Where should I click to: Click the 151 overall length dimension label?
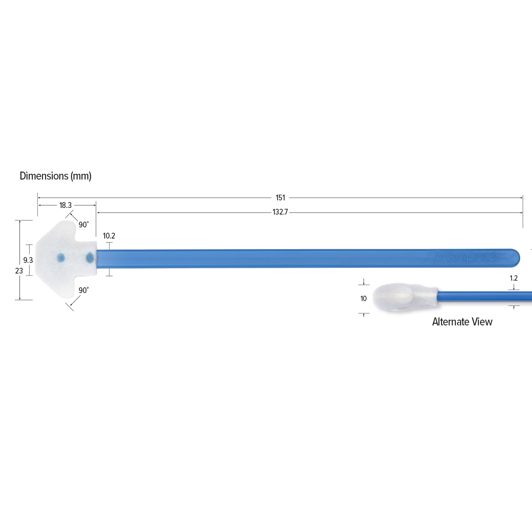coord(280,198)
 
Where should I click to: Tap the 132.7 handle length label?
coord(280,212)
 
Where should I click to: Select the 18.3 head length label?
coord(66,205)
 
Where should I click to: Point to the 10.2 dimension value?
coord(109,236)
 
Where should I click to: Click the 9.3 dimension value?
coord(28,260)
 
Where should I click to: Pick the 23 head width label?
coord(19,271)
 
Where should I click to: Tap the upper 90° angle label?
coord(84,225)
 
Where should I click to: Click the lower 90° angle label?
coord(84,290)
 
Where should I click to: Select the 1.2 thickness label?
coord(513,278)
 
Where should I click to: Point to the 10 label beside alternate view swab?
coord(364,298)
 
